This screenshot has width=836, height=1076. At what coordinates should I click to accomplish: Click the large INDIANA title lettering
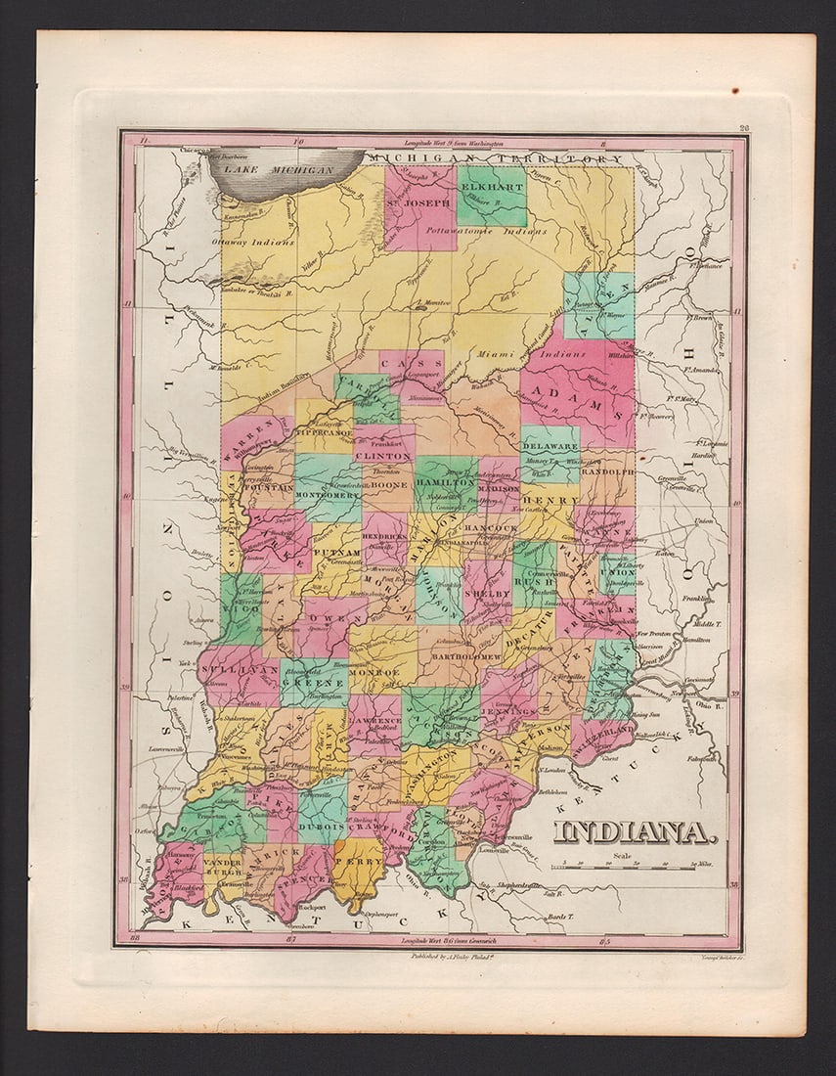coord(635,832)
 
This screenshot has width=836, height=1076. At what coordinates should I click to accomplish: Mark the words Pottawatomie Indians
coord(497,232)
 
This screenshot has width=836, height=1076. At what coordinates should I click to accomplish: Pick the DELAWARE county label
coord(552,444)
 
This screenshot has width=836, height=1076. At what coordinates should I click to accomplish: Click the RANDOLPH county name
coord(606,471)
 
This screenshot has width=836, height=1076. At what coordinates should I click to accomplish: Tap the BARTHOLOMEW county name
coord(463,656)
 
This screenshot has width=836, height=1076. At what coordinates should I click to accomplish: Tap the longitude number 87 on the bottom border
coord(290,938)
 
